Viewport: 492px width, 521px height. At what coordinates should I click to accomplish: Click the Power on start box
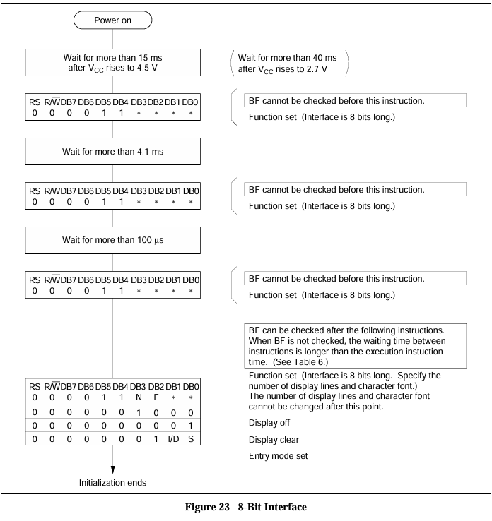coord(112,20)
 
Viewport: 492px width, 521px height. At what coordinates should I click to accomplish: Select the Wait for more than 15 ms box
coord(112,62)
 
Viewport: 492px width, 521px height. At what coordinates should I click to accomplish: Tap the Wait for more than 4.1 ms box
coord(112,151)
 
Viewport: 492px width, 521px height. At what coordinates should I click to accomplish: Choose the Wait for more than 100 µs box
coord(112,240)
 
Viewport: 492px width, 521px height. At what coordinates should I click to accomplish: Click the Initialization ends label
coord(112,484)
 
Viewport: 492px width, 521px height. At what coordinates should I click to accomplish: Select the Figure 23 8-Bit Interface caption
coord(246,507)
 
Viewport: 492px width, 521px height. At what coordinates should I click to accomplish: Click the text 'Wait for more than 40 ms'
coord(290,57)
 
